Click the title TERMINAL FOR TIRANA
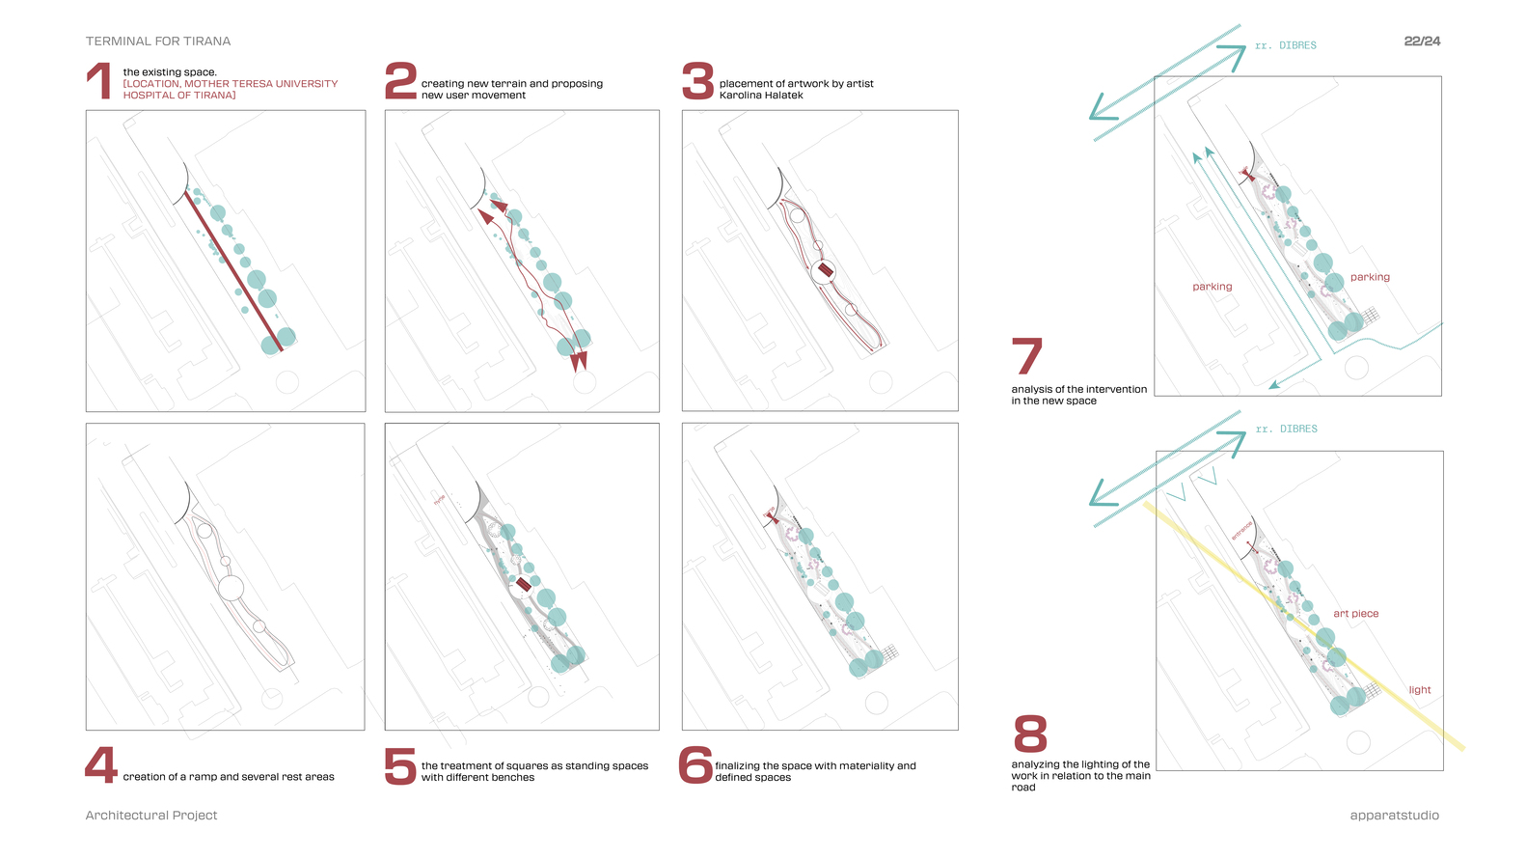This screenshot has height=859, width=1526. click(x=158, y=42)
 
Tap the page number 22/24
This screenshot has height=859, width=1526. click(x=1422, y=42)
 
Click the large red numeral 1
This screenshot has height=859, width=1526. click(x=99, y=81)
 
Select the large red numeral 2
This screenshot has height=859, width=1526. click(x=400, y=81)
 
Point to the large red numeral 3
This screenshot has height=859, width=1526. click(x=697, y=81)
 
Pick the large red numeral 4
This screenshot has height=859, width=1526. click(x=100, y=765)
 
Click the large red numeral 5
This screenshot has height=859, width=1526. click(x=399, y=766)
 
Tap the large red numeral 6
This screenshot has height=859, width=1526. click(x=695, y=765)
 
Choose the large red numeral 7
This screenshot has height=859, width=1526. click(x=1026, y=356)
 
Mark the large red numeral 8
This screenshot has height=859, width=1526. click(x=1030, y=734)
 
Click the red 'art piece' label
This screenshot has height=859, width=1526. click(x=1355, y=614)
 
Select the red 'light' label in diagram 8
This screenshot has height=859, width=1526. click(x=1419, y=690)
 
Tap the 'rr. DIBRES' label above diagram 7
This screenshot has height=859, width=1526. click(x=1285, y=45)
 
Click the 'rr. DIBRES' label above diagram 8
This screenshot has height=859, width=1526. click(x=1286, y=429)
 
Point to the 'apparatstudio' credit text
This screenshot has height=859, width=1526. click(x=1394, y=816)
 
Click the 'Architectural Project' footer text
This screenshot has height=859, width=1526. click(x=151, y=816)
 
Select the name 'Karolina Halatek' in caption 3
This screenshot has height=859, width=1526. click(x=761, y=96)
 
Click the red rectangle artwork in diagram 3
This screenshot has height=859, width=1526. click(x=825, y=271)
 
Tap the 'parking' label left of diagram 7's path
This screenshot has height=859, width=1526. click(x=1212, y=287)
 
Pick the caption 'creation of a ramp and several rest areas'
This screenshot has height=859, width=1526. click(x=229, y=777)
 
